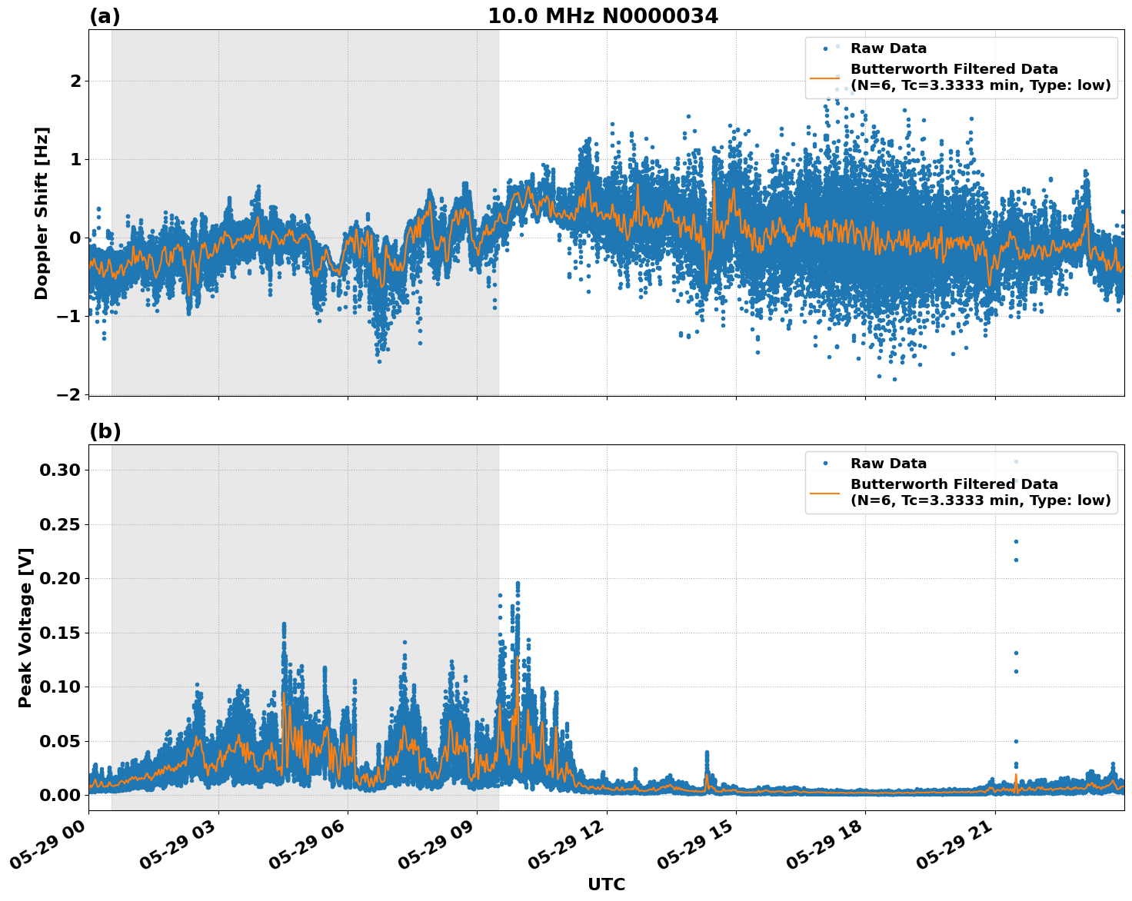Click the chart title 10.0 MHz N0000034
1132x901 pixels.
[602, 16]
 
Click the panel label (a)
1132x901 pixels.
[105, 16]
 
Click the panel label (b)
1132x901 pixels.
[105, 431]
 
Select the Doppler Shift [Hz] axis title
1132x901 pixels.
[42, 213]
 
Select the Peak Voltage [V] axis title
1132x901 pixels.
[25, 627]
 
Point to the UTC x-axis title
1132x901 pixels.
[606, 884]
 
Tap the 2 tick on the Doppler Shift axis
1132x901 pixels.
[75, 81]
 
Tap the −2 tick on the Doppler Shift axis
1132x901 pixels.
[69, 394]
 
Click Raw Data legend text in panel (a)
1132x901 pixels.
[888, 48]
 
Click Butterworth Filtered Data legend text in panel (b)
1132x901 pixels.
[954, 484]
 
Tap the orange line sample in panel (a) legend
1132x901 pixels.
[824, 78]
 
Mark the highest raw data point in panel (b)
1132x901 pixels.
[1016, 461]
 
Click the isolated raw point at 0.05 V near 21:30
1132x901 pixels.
[1016, 741]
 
